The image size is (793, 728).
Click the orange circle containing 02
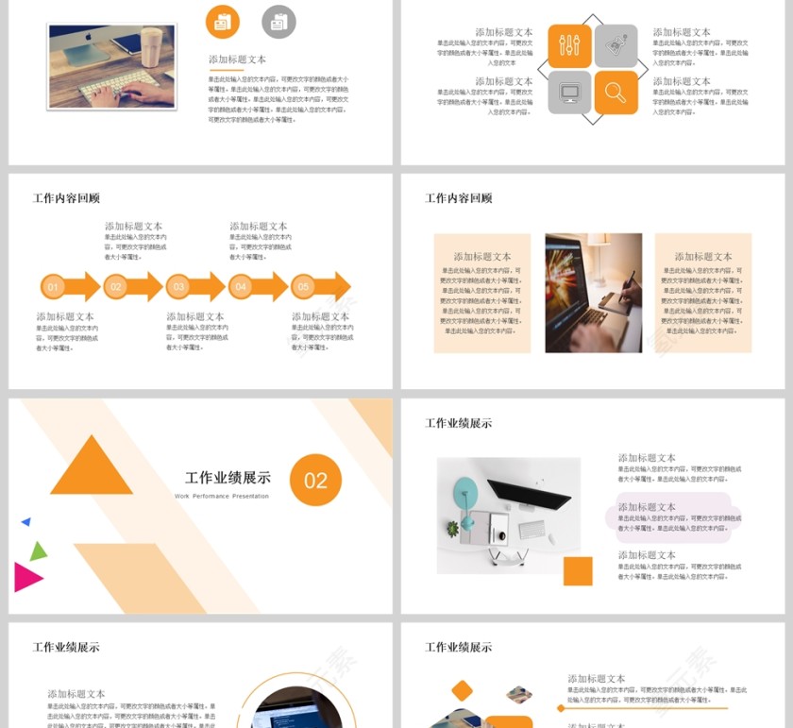click(x=315, y=481)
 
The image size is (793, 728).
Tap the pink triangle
click(x=26, y=576)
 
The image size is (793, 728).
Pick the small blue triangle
click(x=26, y=521)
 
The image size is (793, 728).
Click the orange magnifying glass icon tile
click(x=616, y=92)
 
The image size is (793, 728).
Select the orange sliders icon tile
click(x=569, y=45)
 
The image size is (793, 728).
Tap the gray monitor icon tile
click(x=569, y=92)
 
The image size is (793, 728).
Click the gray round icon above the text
click(x=278, y=22)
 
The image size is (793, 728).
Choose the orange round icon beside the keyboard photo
click(x=223, y=22)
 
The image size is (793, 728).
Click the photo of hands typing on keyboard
click(x=111, y=66)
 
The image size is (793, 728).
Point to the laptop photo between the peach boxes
click(x=593, y=293)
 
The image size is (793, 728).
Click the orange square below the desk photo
click(x=578, y=571)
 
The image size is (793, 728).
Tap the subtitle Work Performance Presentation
click(x=222, y=496)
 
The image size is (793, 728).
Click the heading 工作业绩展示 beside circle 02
click(x=228, y=478)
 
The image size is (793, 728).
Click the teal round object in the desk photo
click(x=465, y=489)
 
